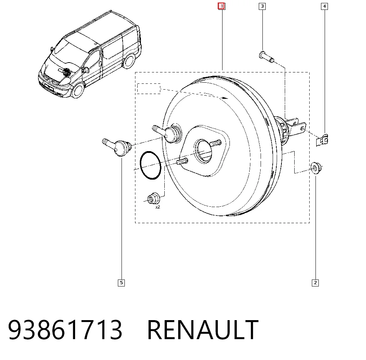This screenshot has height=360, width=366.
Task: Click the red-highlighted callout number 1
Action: click(221, 6)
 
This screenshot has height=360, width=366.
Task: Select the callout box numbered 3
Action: click(262, 6)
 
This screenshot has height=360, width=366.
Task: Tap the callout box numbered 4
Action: click(324, 6)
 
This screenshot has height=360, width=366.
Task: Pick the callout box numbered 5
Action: click(121, 283)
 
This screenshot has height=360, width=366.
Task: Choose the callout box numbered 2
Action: click(315, 283)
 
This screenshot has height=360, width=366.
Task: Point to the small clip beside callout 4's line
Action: click(322, 140)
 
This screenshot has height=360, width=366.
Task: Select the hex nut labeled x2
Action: click(153, 198)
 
